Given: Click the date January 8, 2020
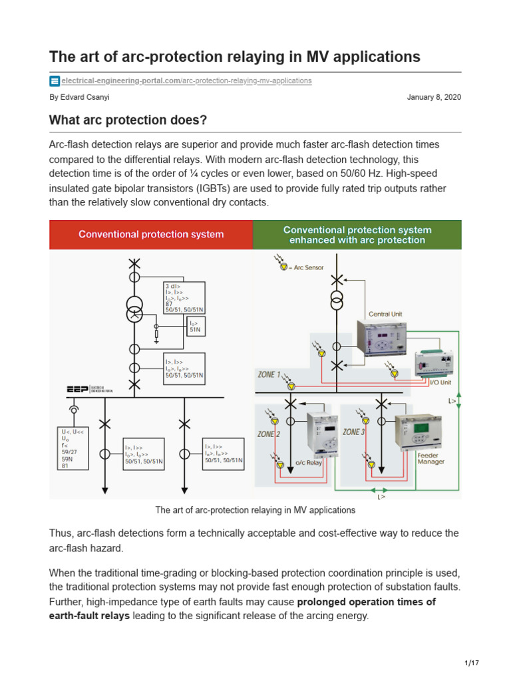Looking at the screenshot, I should tap(434, 97).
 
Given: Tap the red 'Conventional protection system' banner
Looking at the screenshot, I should tap(151, 235).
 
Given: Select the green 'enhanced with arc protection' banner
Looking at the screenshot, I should tap(357, 235).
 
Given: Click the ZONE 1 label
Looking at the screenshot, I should tap(269, 374).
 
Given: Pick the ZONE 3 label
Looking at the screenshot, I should tap(353, 432).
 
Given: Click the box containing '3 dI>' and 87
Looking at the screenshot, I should tap(184, 297).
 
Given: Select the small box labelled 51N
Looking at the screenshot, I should tap(196, 325).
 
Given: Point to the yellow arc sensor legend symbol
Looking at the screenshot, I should tap(283, 267).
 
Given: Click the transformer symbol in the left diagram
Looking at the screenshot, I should tap(135, 309).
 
